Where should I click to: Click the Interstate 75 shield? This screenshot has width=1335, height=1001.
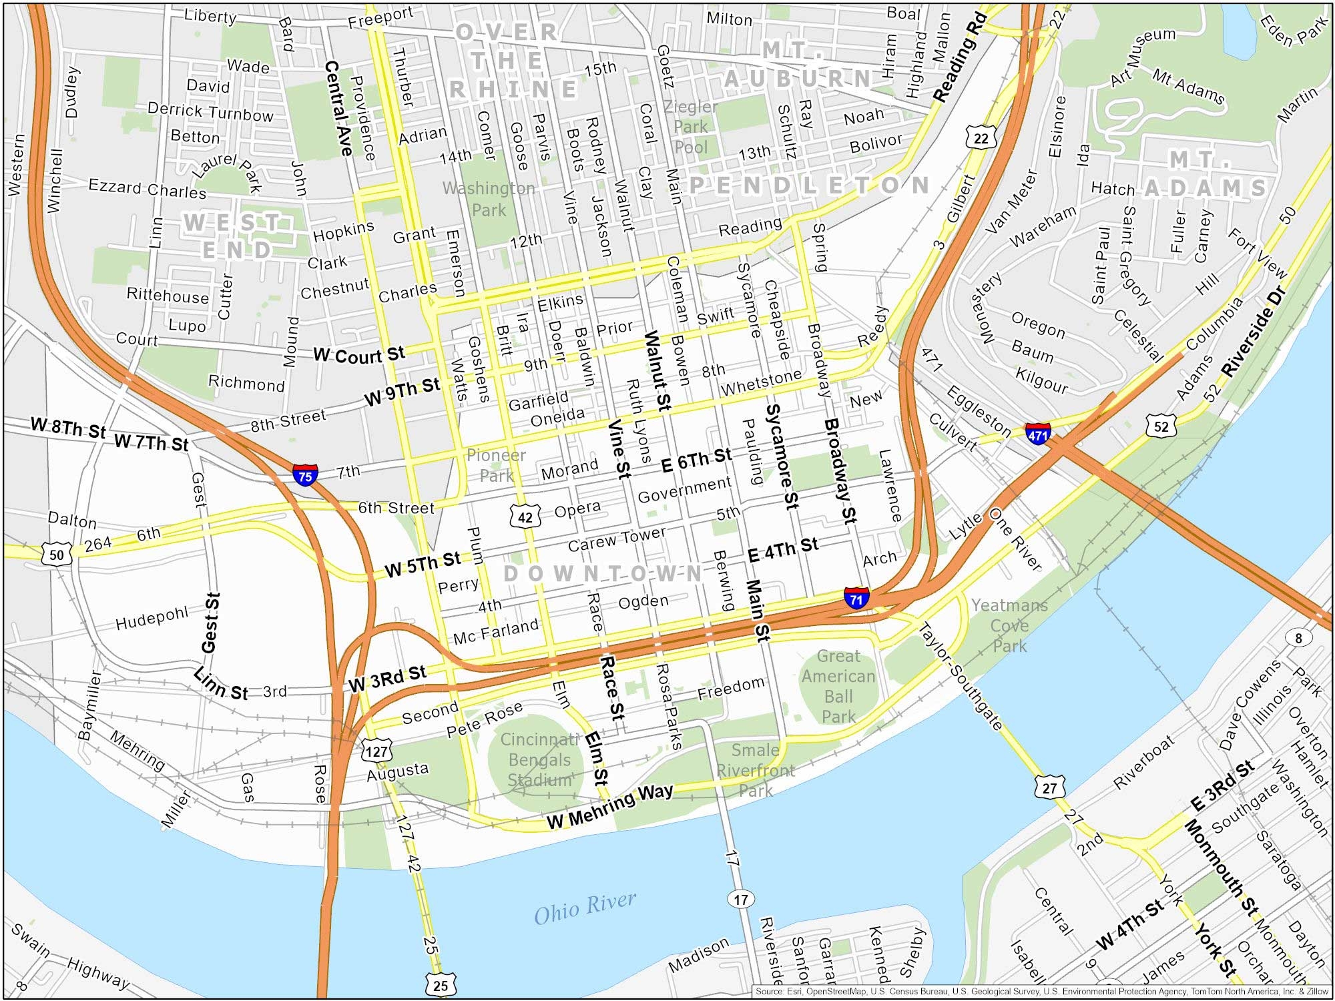point(305,475)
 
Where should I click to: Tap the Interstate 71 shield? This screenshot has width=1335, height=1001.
point(856,597)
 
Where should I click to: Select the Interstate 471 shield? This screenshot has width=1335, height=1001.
point(1038,434)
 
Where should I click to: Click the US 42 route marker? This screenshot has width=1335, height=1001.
point(525,517)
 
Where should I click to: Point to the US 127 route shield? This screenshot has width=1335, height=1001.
point(376,751)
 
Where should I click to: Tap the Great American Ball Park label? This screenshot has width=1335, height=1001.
point(838,686)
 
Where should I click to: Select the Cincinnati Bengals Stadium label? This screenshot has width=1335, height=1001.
point(539,759)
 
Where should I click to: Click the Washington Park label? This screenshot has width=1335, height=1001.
point(489,199)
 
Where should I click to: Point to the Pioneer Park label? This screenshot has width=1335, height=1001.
point(496,465)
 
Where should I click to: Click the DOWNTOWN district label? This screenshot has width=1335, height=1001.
point(602,573)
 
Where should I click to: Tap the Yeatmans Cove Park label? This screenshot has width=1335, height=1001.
point(1009,625)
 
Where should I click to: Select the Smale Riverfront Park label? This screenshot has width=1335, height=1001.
point(755,770)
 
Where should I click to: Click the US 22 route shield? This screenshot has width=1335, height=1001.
point(981,138)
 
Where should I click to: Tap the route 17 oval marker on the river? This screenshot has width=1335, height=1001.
point(741,899)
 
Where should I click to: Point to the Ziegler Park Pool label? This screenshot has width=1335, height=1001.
point(690,127)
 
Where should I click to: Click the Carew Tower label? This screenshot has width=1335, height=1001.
point(617,539)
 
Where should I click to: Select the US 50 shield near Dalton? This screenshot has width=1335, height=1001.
point(57,555)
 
